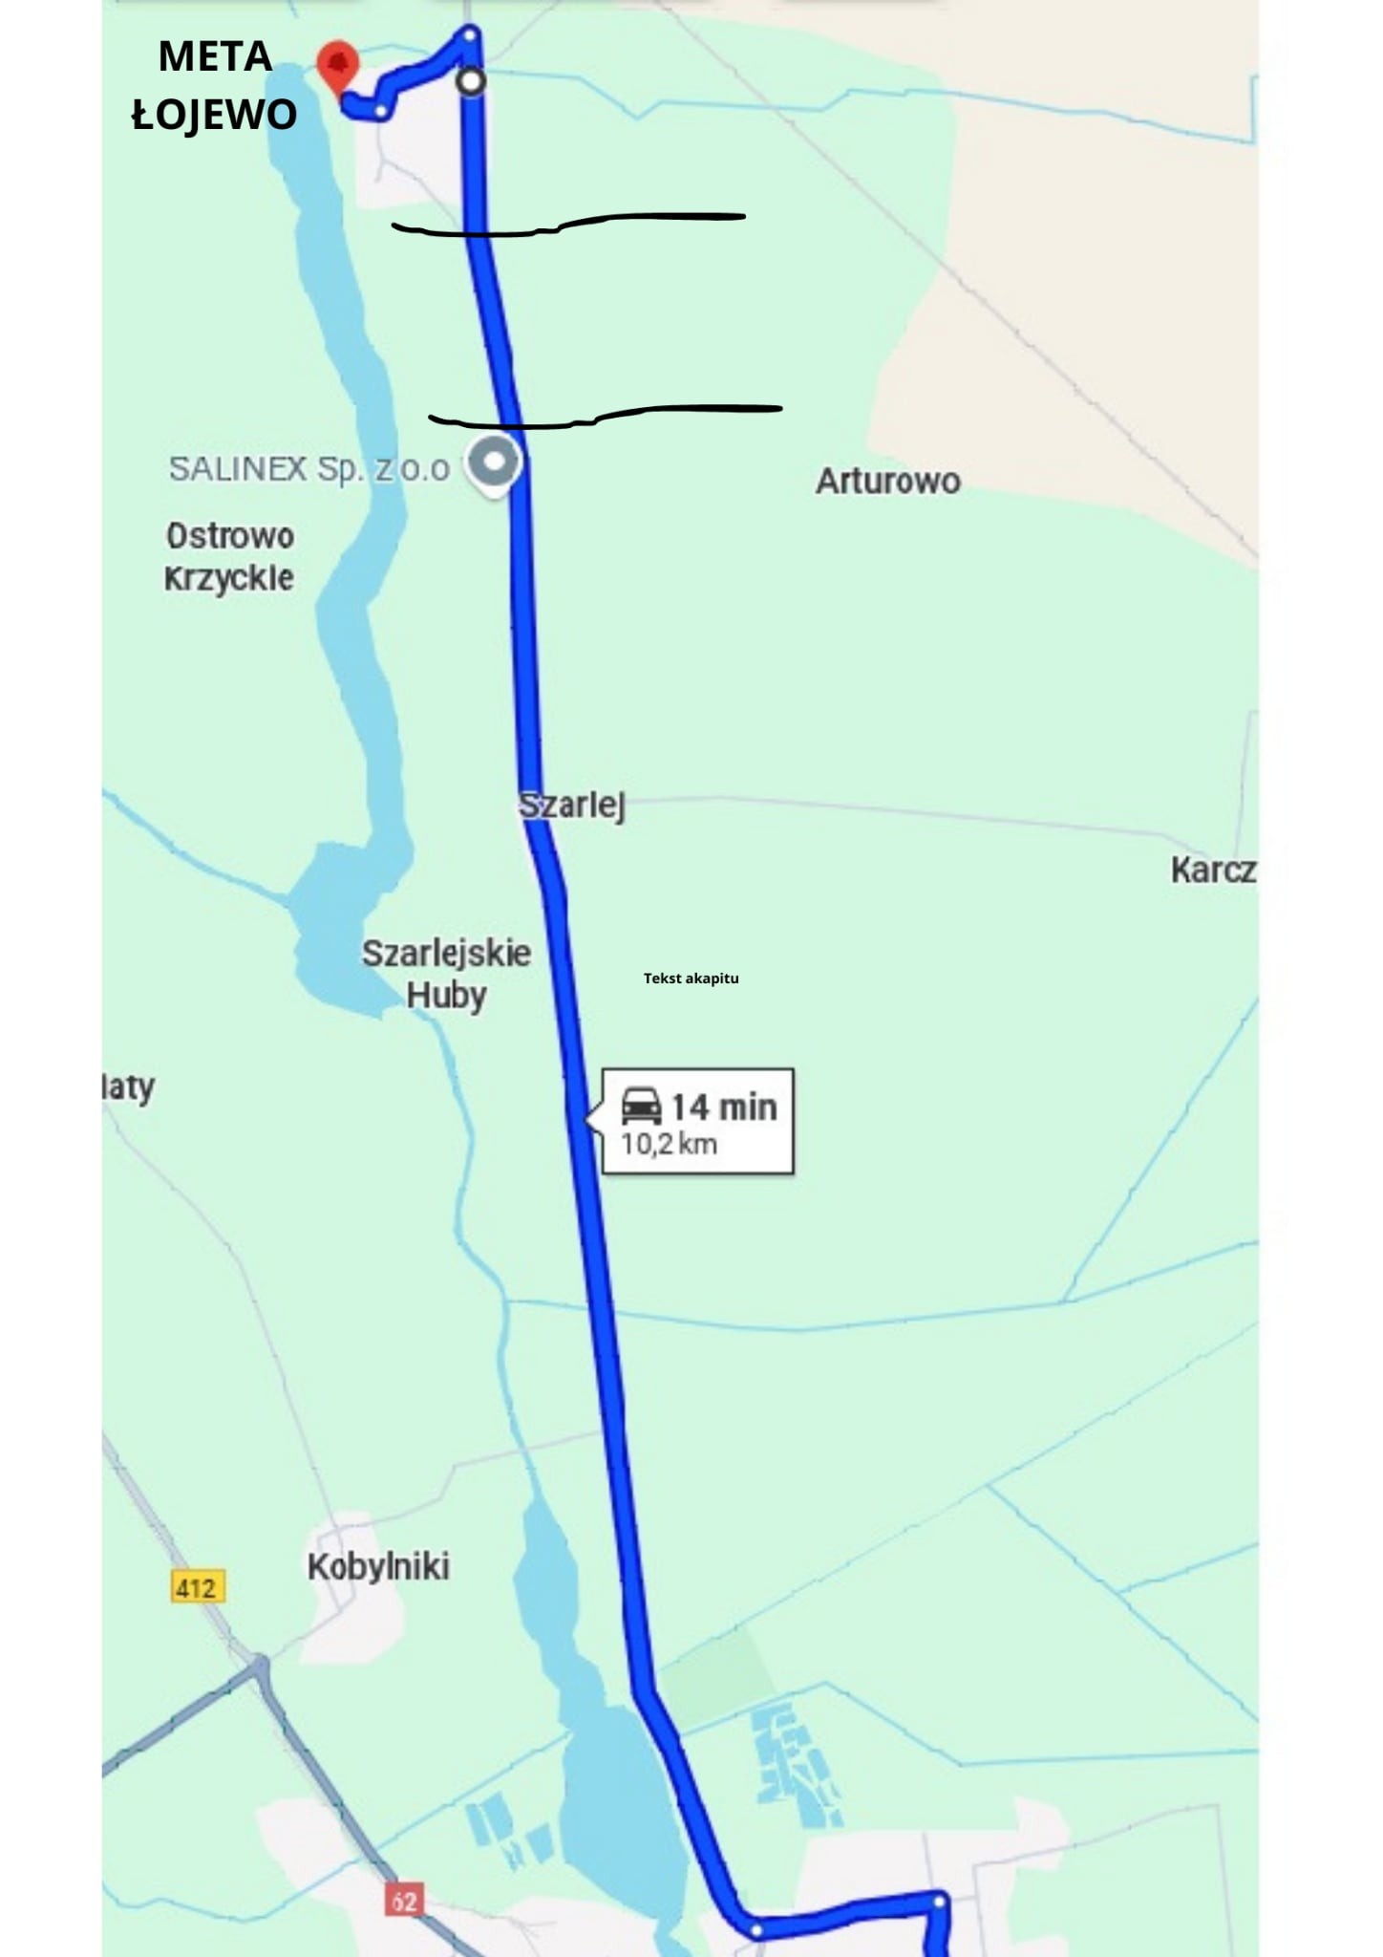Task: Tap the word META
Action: pos(215,57)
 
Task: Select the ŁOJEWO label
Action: pos(214,115)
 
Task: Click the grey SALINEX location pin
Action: pos(494,462)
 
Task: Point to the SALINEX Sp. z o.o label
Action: pos(309,468)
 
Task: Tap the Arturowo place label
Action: pos(887,481)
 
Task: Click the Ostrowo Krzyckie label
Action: pos(229,556)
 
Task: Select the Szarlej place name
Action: pos(572,805)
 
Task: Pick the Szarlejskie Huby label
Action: pos(446,973)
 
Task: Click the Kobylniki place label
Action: pos(378,1566)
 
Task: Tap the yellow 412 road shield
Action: pos(198,1587)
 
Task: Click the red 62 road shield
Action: pos(404,1901)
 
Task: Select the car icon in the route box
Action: pos(641,1106)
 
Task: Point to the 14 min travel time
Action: pos(724,1107)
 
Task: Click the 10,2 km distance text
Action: pos(669,1144)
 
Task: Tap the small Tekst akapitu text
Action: pos(691,978)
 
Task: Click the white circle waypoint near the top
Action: pos(470,81)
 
